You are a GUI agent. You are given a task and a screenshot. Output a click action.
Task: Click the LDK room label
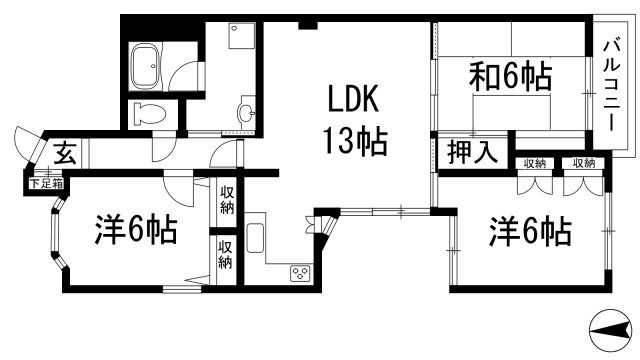coord(353,98)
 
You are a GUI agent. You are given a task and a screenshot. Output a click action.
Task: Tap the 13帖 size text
coord(355,141)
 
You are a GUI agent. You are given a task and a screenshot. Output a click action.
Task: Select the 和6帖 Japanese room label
coord(510,76)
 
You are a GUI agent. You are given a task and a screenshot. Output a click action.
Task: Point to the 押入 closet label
coord(472,153)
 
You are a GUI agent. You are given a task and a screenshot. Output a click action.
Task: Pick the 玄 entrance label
coord(65,153)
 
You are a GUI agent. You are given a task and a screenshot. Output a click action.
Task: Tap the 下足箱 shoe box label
coord(47,184)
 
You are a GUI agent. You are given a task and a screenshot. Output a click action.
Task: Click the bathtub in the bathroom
coord(144,67)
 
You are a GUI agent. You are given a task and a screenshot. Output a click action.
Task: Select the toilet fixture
coord(149,114)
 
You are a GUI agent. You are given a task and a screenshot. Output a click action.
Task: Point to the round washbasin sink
coord(247,112)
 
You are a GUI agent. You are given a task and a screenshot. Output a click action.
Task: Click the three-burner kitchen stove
coord(300,273)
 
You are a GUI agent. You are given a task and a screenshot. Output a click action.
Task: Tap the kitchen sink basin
coord(254,238)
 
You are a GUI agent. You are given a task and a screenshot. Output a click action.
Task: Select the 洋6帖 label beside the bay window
coord(136,229)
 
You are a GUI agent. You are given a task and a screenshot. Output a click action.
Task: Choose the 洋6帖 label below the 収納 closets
coord(530,231)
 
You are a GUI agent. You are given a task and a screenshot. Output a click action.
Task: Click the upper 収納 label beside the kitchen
coord(227,200)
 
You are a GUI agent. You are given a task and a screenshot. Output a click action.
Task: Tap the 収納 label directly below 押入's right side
coord(535,164)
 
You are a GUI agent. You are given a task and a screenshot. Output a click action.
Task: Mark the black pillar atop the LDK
coord(308,25)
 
